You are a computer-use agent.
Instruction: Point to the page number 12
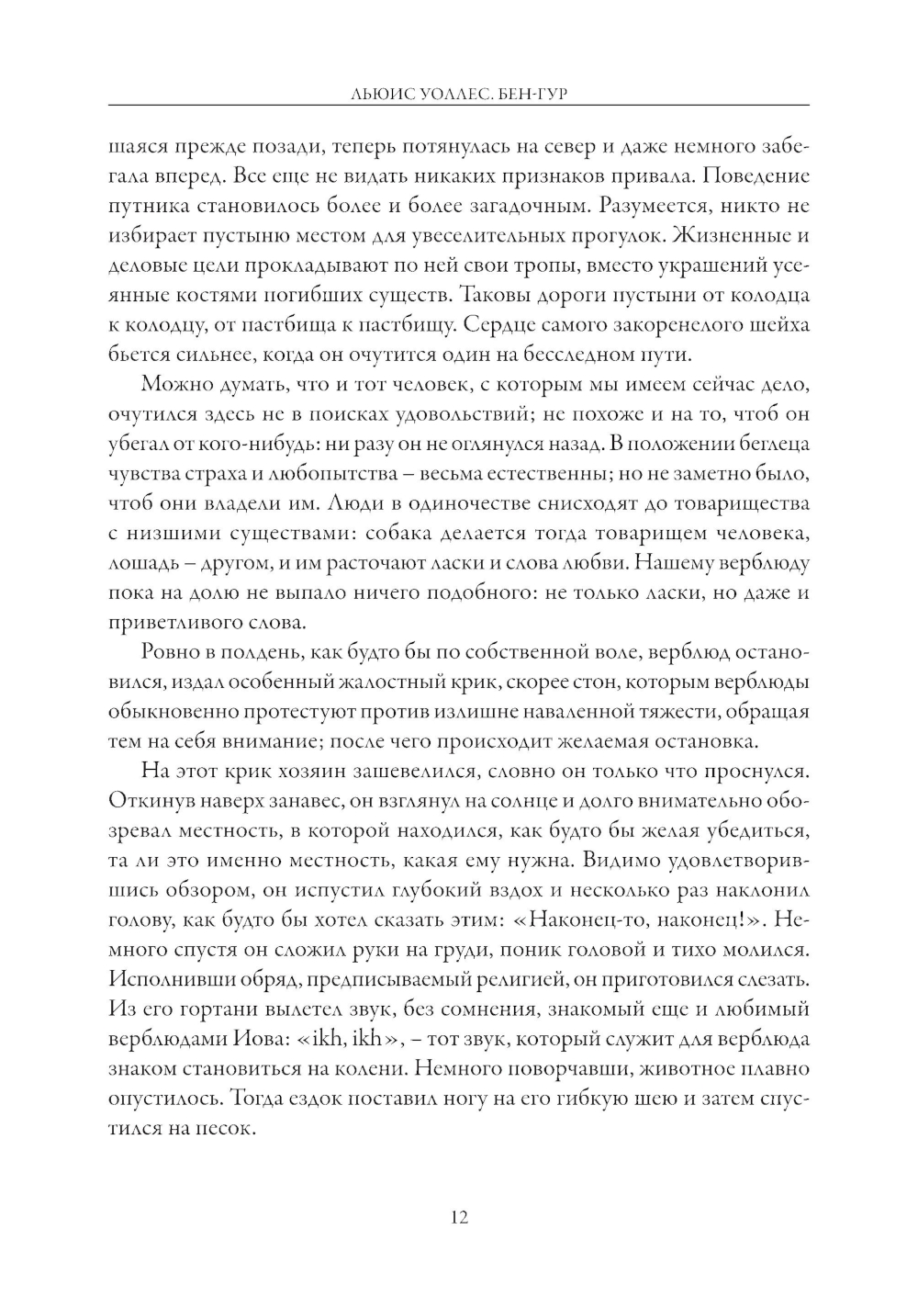pyautogui.click(x=459, y=1218)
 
